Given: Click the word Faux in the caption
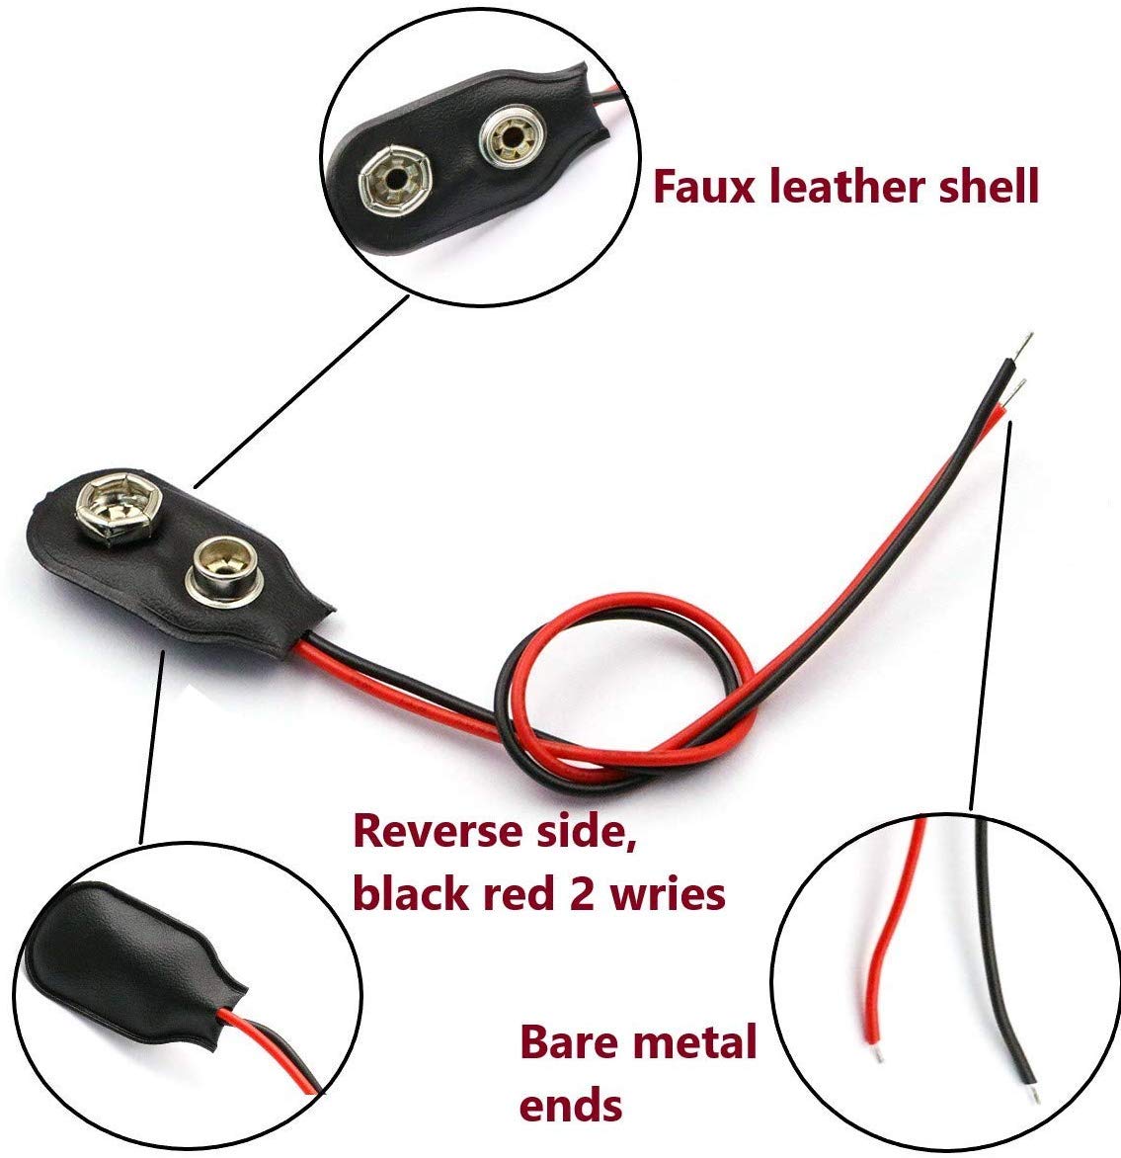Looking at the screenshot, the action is tap(704, 186).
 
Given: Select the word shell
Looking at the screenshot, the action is tap(989, 186).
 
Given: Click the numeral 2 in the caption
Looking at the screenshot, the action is tap(583, 894).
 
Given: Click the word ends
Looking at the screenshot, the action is tap(570, 1106).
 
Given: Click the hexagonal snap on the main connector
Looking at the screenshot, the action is tap(119, 506).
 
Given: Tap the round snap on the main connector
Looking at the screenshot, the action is tap(224, 569).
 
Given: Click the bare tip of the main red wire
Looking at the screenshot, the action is tap(1014, 391).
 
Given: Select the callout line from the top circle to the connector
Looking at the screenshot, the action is tap(300, 391).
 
